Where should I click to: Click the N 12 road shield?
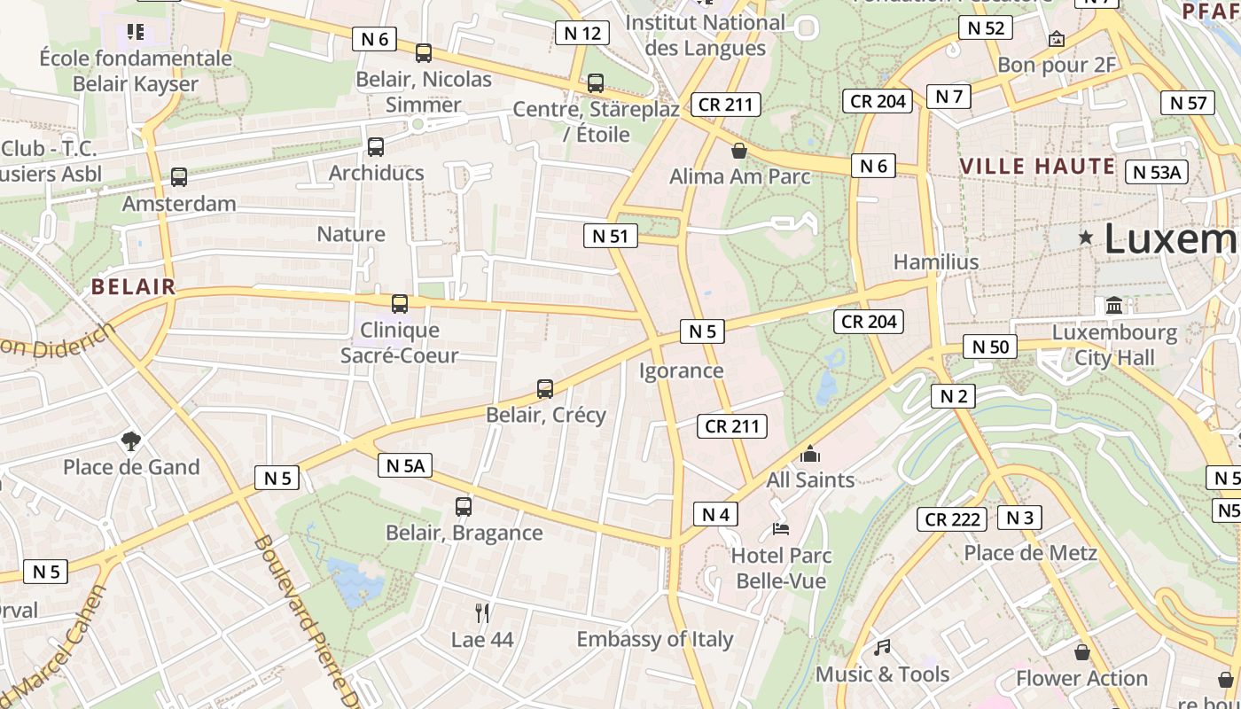pos(582,34)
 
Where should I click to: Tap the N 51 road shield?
pos(610,236)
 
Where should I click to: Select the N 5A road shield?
pos(405,465)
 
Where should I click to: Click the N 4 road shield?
pos(715,514)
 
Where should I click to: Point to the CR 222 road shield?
pos(953,519)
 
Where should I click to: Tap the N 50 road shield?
pos(990,347)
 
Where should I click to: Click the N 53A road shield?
pos(1156,172)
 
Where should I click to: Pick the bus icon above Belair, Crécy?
pos(545,389)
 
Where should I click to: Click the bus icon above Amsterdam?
pos(179,177)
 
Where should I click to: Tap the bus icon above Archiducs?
pos(376,147)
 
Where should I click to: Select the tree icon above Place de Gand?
pos(131,440)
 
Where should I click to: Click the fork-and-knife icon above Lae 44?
pos(482,612)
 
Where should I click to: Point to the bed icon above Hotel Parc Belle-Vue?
pos(781,529)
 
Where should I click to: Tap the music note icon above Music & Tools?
pos(882,648)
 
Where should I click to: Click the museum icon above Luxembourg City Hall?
pos(1114,306)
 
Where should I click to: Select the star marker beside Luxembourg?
pos(1085,238)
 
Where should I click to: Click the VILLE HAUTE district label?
pos(1037,166)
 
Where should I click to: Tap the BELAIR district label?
pos(134,286)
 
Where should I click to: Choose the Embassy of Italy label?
pos(655,639)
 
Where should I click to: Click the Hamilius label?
pos(936,261)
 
